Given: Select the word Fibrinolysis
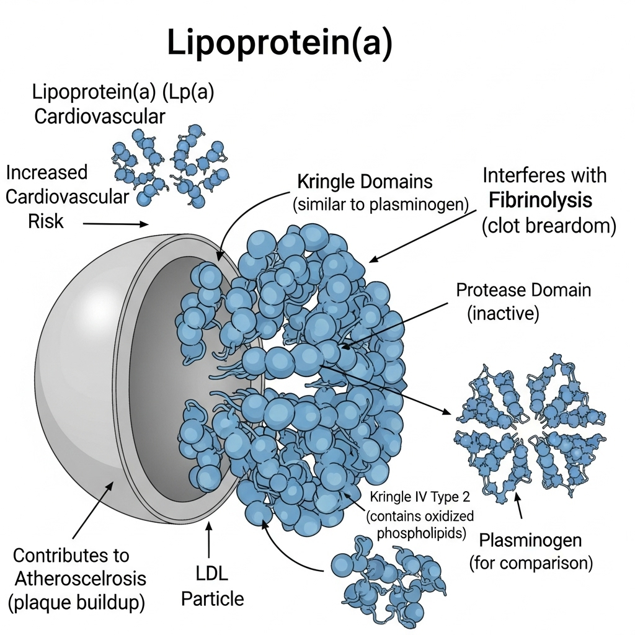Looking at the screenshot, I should point(540,201).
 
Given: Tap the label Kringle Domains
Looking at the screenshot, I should point(365,182).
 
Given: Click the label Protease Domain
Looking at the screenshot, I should point(523,290).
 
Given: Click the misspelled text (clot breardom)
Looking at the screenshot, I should point(548,226).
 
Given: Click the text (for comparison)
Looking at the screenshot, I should point(531,563).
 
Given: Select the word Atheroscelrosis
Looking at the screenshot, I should point(79,578).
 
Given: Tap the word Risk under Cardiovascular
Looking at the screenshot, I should point(46,221).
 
